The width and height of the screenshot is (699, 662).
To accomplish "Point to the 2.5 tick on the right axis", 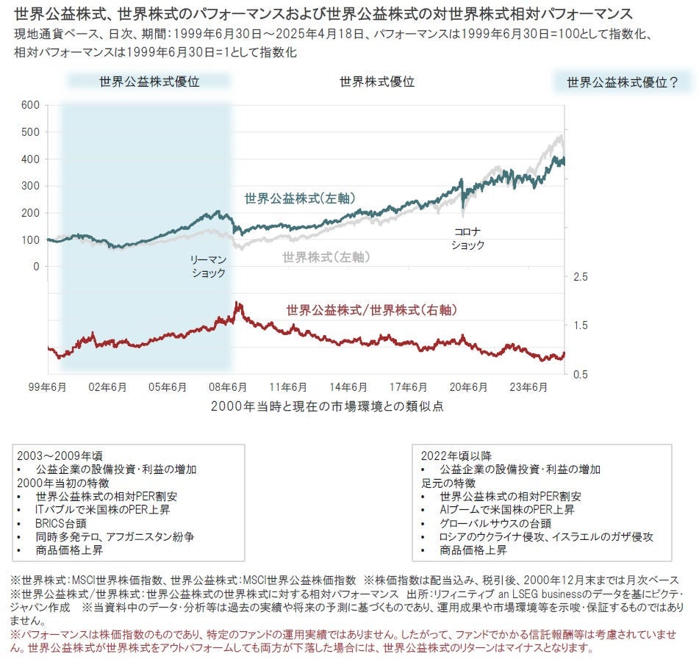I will click(580, 277).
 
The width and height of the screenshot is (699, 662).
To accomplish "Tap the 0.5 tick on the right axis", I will click(580, 374).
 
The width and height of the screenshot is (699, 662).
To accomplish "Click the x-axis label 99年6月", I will click(48, 388).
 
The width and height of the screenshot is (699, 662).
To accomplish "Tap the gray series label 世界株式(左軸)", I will click(326, 257).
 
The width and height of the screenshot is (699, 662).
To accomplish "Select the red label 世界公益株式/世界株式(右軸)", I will click(371, 310).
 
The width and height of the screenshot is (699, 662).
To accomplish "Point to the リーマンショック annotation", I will click(209, 267).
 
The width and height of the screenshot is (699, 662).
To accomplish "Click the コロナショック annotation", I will click(468, 238).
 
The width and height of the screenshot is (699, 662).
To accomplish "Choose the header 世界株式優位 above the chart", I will click(377, 82).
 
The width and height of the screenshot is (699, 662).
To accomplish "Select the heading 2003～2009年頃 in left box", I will click(56, 456).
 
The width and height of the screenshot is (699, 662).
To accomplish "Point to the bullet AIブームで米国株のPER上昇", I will click(507, 509).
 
